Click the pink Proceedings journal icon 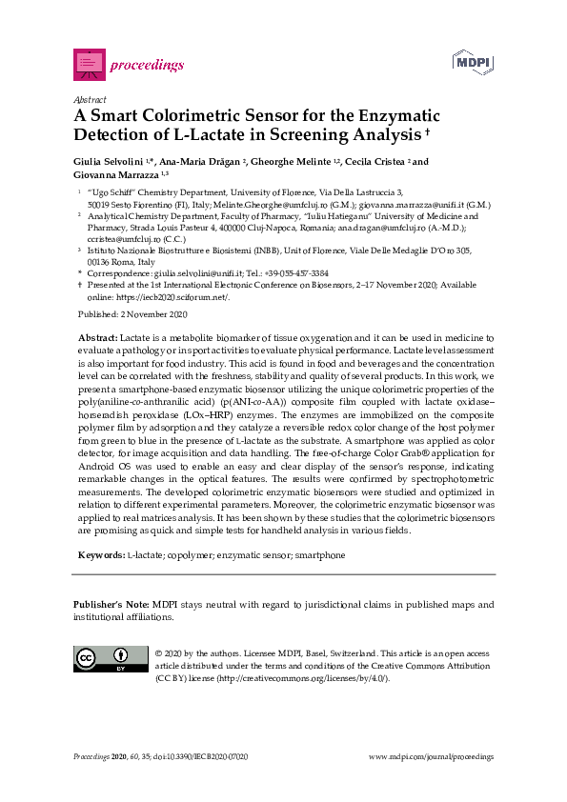89,64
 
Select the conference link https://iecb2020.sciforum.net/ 182,295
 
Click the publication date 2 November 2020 152,314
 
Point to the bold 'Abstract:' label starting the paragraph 96,338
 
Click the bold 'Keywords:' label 100,554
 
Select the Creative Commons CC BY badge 104,659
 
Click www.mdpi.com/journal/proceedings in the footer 431,756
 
